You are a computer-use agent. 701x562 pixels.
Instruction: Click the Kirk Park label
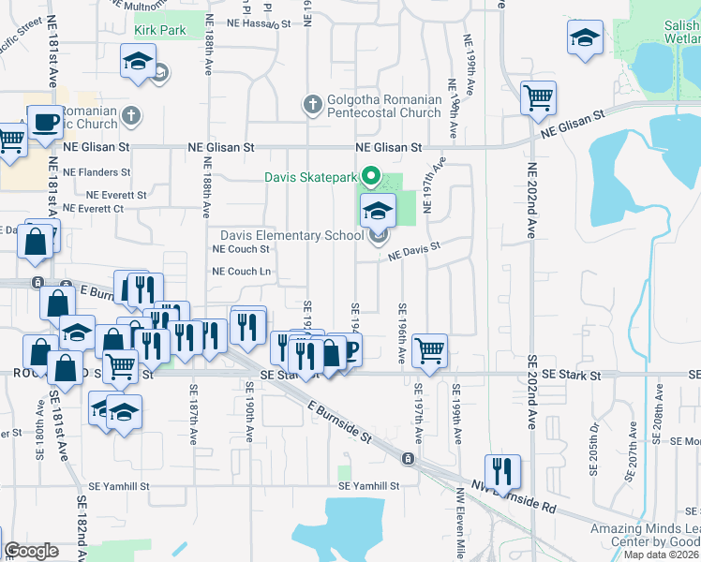point(160,30)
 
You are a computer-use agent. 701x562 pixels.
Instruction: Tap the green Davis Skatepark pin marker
point(371,175)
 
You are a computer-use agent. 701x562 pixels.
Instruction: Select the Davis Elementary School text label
point(292,235)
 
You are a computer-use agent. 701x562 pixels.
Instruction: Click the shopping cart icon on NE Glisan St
point(539,96)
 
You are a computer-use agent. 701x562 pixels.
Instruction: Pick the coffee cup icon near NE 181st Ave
point(45,121)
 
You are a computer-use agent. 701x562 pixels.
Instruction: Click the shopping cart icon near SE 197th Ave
point(429,350)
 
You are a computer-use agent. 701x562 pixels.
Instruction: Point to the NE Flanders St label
point(97,172)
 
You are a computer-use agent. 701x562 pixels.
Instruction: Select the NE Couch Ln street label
point(242,272)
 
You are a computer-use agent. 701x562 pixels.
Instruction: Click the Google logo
point(31,551)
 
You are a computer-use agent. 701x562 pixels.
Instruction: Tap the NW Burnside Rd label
point(515,496)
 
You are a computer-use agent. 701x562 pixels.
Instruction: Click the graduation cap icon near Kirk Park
point(138,62)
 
